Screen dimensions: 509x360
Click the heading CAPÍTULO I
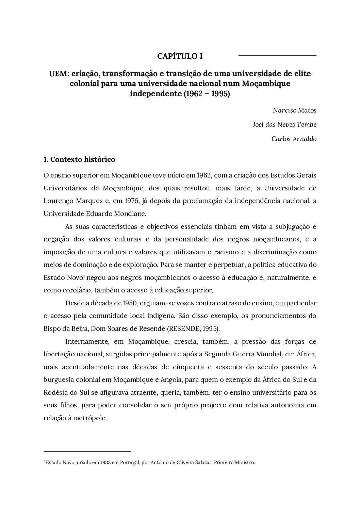coord(180,56)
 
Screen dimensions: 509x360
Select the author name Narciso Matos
coord(294,111)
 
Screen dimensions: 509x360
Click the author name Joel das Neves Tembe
coord(284,125)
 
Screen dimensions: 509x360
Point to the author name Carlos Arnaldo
coord(294,139)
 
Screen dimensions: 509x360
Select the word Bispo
coord(52,329)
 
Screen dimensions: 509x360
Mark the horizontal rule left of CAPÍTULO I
coord(82,55)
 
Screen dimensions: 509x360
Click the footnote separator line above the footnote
coord(87,452)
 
